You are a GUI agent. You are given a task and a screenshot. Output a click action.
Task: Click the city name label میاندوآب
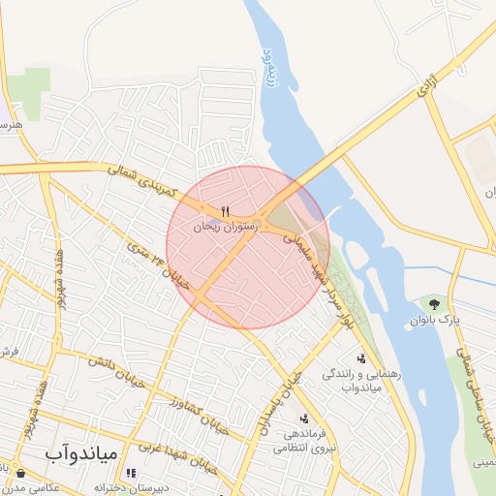81,452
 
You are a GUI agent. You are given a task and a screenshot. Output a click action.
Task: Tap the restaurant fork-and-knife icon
226,211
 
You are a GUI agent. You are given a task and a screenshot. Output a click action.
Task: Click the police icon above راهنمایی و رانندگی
362,358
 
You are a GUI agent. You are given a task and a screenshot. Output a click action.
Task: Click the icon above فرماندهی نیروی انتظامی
305,418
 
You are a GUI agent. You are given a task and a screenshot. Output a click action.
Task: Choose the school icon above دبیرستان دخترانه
131,473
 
